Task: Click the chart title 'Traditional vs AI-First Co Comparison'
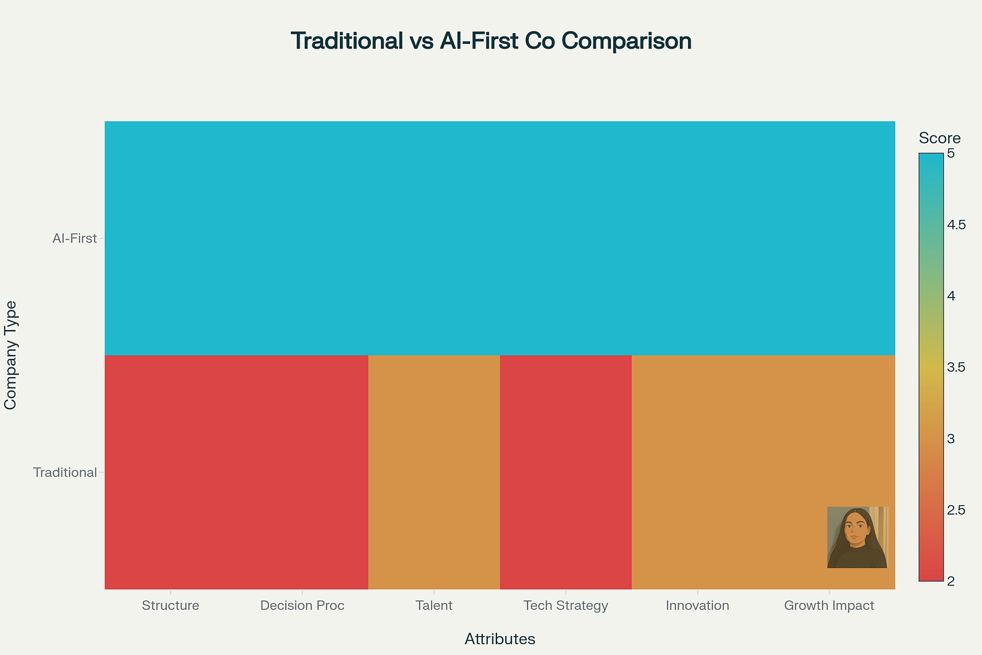[491, 41]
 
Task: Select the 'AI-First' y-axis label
[75, 238]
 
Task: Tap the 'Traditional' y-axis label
[65, 472]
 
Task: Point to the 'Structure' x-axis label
[171, 605]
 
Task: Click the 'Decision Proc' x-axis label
[302, 605]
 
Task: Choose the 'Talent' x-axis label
[434, 605]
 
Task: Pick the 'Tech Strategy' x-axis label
[566, 605]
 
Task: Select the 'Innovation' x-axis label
[697, 605]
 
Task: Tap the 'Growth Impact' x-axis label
[829, 605]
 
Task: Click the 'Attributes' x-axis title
[500, 639]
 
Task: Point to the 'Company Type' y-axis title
[10, 355]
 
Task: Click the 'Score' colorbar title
[940, 138]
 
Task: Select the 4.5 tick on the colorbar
[956, 225]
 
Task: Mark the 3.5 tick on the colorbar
[956, 367]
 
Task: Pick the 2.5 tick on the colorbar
[956, 509]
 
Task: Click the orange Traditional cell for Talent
[434, 472]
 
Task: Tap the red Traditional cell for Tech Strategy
[566, 472]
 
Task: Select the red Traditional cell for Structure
[171, 472]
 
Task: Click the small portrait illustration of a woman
[857, 537]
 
